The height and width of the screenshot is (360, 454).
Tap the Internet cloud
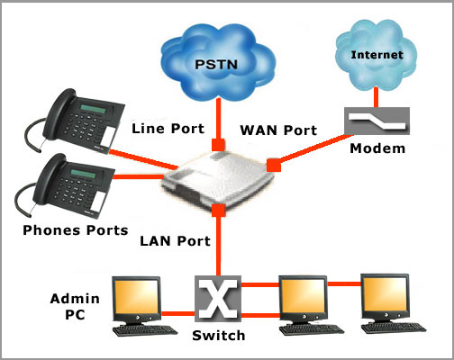point(377,55)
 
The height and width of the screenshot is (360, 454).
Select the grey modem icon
point(377,121)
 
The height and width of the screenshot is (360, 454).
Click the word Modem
point(377,148)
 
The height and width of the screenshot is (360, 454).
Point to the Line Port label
point(168,129)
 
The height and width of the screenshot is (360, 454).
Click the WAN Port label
point(278,130)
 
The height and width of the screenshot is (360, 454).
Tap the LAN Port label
point(176,241)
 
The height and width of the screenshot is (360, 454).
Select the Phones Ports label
point(76,230)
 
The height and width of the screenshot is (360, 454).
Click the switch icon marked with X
point(218,299)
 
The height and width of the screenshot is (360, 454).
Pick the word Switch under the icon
point(219,336)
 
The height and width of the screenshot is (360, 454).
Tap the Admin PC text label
point(75,307)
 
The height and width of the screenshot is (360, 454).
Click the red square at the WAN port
point(274,165)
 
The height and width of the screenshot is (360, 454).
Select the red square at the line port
point(218,145)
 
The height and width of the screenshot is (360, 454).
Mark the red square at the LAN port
point(218,210)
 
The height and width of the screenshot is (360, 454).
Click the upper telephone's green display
point(93,109)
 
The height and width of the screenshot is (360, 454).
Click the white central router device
point(218,180)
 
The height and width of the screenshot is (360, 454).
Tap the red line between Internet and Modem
point(376,97)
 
